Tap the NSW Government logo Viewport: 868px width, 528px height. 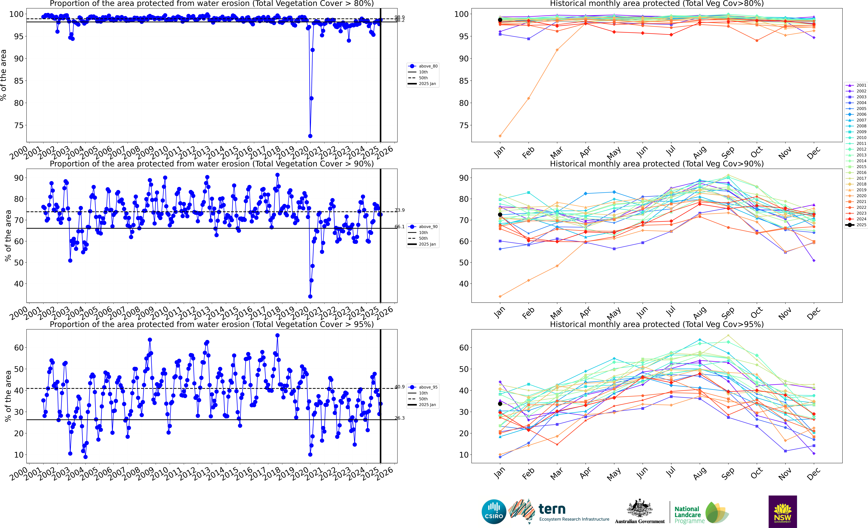coord(782,511)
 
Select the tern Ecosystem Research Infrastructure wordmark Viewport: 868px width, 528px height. coord(574,512)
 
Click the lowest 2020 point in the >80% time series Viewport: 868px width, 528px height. coord(310,136)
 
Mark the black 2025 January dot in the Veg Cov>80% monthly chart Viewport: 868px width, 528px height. coord(500,20)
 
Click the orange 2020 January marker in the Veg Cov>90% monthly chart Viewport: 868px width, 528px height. coord(500,296)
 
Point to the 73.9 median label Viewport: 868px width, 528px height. coord(400,210)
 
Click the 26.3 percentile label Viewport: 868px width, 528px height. coord(400,418)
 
